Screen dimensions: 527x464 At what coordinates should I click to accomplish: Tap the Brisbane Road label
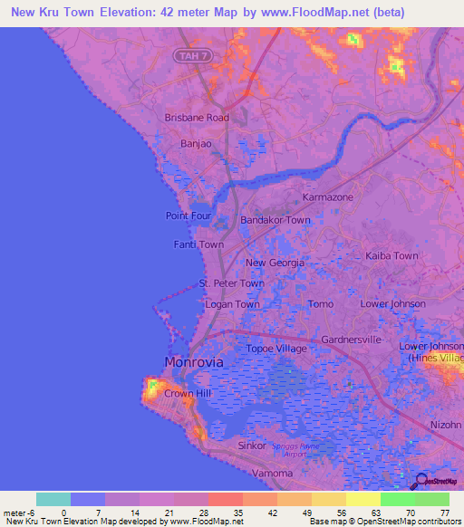click(197, 118)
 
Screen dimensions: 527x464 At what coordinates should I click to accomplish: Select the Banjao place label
click(196, 142)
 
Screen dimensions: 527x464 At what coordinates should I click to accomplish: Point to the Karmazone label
click(327, 196)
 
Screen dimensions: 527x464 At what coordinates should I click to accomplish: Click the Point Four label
click(188, 216)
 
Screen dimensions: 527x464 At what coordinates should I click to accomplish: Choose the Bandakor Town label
click(275, 220)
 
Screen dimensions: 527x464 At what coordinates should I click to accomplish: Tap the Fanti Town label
click(198, 244)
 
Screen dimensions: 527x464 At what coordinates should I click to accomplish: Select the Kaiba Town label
click(391, 256)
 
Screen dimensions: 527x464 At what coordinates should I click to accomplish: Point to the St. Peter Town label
click(232, 283)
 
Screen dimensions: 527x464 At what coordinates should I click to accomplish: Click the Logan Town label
click(232, 304)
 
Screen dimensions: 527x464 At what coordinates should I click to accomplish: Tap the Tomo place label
click(321, 304)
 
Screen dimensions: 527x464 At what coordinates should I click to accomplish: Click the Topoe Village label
click(277, 349)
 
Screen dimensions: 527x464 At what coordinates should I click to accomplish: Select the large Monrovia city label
click(194, 362)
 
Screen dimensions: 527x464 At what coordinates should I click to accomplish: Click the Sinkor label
click(252, 446)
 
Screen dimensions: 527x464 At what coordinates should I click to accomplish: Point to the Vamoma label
click(272, 474)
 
